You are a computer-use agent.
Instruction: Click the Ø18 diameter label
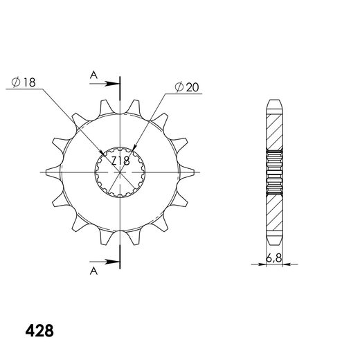coord(24,82)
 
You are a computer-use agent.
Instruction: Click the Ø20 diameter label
coord(187,87)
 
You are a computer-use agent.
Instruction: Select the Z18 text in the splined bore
coord(120,161)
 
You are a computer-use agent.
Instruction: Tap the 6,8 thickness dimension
coord(274,258)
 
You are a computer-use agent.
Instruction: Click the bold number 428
coord(39,331)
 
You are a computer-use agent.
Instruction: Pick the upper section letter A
coord(93,75)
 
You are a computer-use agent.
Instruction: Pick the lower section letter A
coord(93,271)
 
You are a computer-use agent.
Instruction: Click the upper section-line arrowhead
coord(112,84)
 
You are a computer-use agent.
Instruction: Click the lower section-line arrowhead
coord(112,262)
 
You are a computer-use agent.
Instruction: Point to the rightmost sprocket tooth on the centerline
coord(187,172)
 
